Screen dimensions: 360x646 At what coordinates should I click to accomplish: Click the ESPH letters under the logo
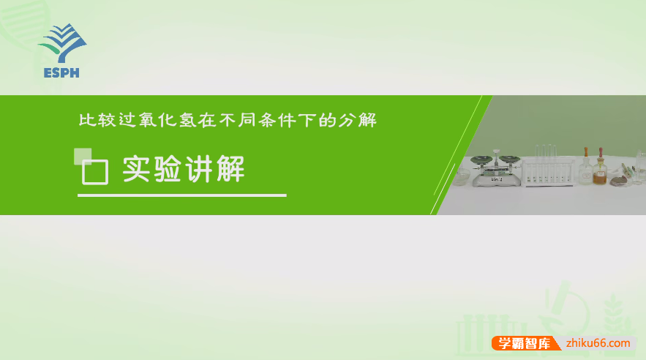[61, 72]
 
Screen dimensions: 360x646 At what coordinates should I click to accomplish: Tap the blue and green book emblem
[62, 44]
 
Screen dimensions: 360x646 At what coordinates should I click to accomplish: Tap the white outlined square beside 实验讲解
[94, 172]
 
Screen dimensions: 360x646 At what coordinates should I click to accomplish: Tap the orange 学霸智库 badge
[524, 343]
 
